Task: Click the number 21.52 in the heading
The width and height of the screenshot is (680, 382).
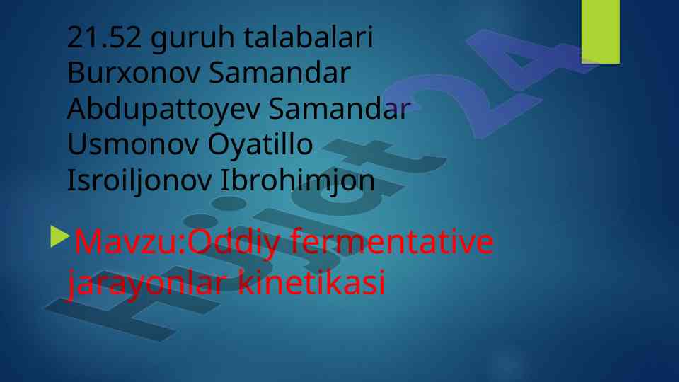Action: (x=104, y=37)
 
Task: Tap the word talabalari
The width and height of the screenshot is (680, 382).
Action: (x=309, y=37)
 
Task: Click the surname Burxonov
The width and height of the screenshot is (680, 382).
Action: (x=133, y=73)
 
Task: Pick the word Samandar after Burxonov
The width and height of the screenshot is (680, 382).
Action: (x=280, y=73)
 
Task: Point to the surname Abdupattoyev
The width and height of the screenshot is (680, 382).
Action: (x=163, y=110)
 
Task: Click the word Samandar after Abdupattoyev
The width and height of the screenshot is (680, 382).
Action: (x=340, y=108)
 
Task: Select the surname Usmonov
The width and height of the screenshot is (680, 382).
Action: (x=132, y=144)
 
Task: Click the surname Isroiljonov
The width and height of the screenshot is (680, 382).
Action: (x=139, y=181)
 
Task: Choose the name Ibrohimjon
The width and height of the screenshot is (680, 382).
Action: (x=297, y=181)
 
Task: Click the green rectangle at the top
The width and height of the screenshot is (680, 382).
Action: (x=601, y=32)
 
